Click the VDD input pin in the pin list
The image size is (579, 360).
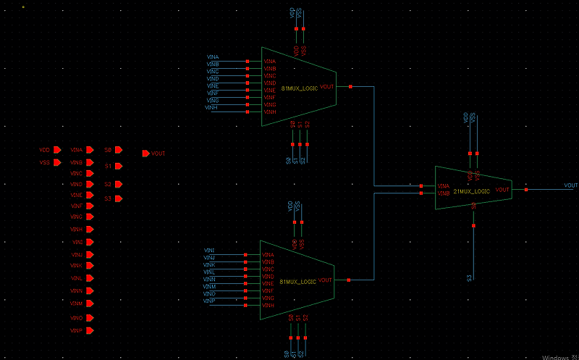coord(56,150)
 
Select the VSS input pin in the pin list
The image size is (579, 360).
coord(56,163)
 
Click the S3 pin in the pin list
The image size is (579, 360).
coord(119,198)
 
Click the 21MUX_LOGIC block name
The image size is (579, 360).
coord(472,191)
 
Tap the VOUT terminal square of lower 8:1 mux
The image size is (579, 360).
coord(348,280)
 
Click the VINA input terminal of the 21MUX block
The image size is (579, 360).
coord(421,186)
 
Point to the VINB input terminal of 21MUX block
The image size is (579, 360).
coord(421,193)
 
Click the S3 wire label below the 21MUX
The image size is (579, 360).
coord(470,278)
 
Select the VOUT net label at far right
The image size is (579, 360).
coord(570,185)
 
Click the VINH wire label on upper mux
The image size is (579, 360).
coord(211,107)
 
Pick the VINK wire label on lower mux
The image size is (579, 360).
coord(209,264)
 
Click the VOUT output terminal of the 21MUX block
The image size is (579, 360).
coord(526,190)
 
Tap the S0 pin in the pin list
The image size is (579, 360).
coord(119,150)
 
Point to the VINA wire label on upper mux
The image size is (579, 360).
coord(212,56)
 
